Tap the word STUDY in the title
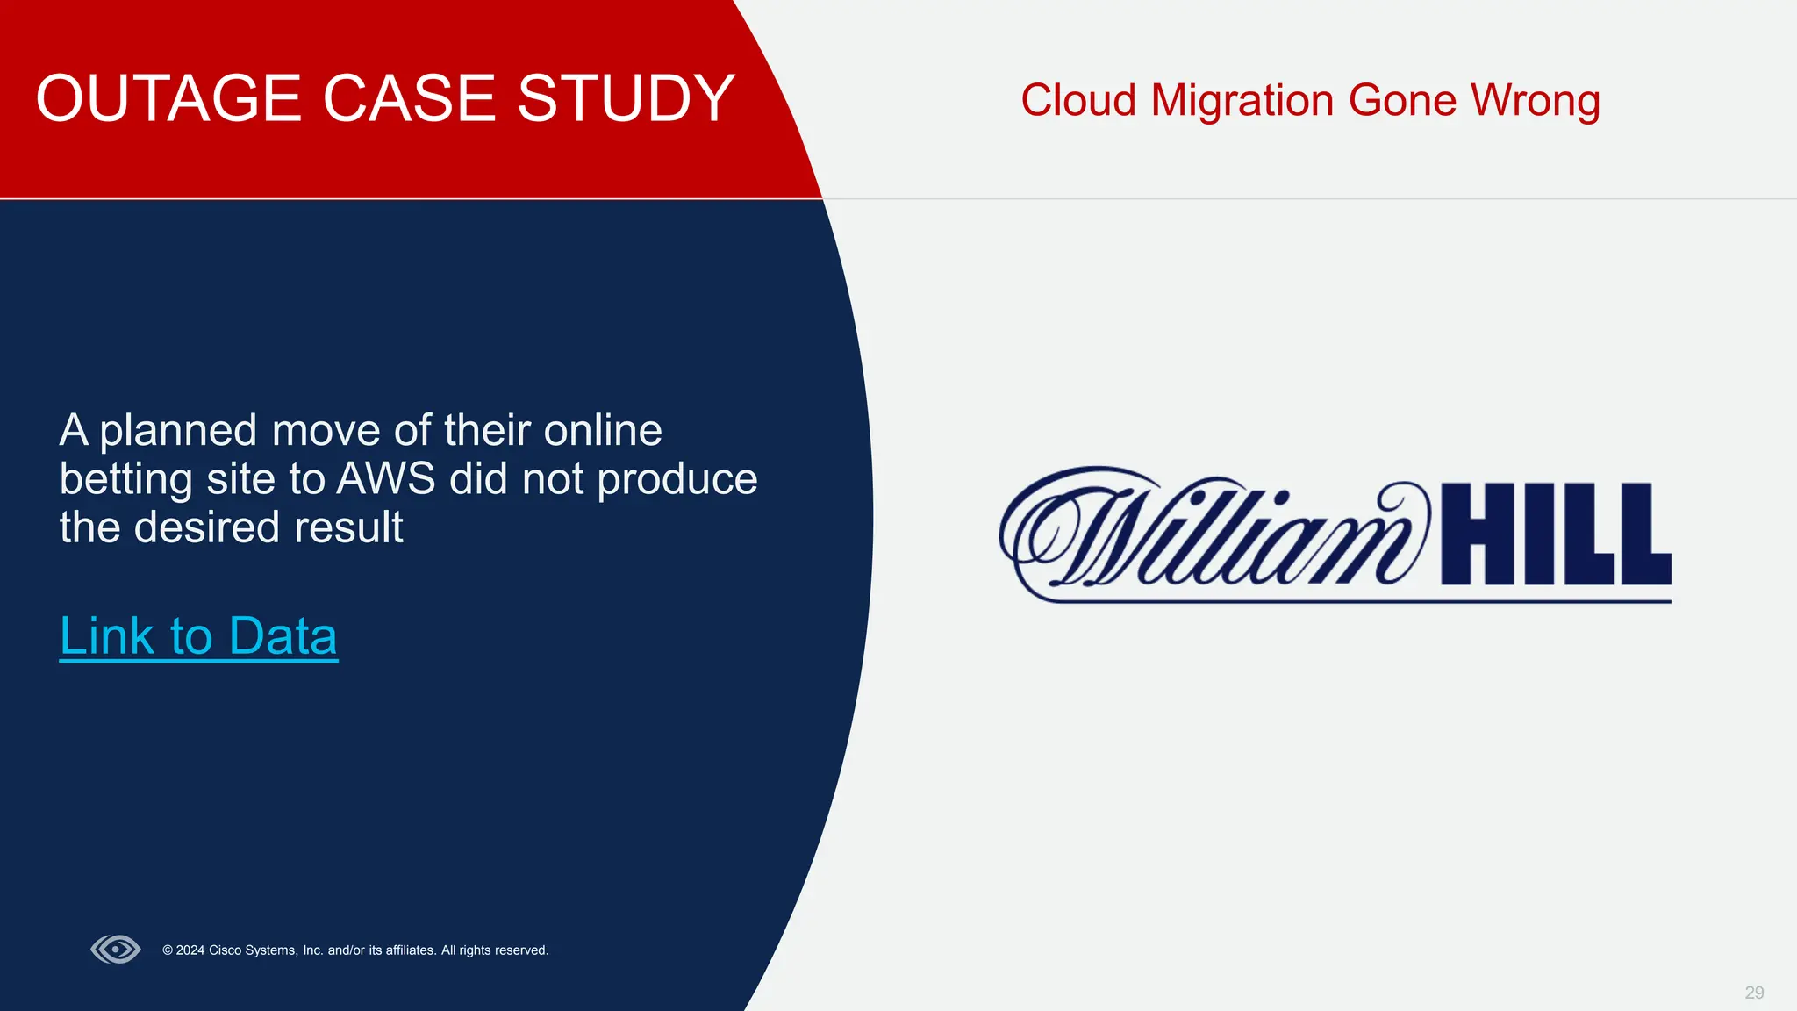(x=626, y=98)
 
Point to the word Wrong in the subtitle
(x=1536, y=101)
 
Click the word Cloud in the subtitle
(x=1078, y=101)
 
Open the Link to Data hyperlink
(x=198, y=636)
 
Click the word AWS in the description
(x=386, y=479)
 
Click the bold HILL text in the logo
(x=1556, y=535)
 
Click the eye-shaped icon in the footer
(x=116, y=950)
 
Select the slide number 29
(x=1753, y=993)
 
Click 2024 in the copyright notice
(x=190, y=950)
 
